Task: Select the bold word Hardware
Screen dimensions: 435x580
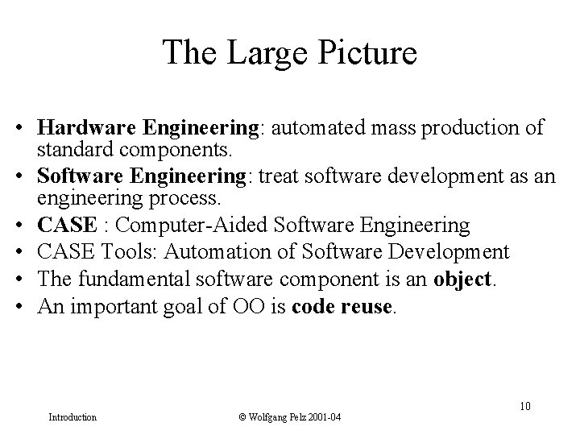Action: point(88,129)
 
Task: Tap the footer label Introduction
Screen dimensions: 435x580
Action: point(72,417)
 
